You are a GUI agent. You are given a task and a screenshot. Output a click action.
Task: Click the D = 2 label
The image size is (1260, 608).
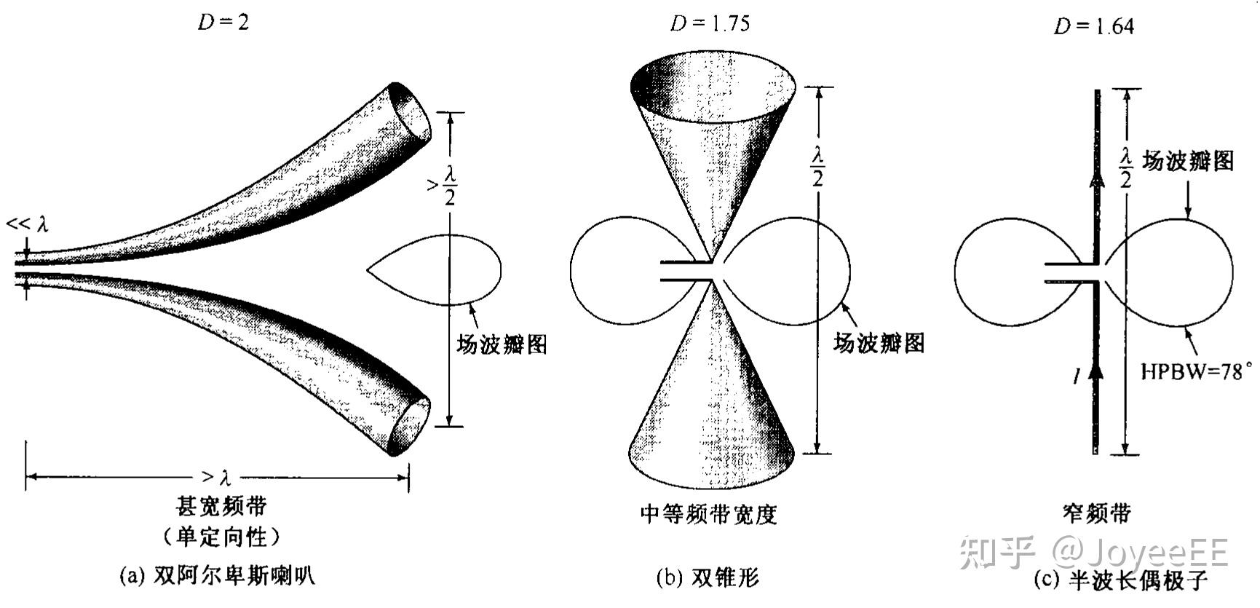223,22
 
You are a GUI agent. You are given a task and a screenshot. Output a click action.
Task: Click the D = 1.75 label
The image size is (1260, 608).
709,24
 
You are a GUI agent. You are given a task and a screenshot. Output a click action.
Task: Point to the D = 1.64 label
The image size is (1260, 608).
1093,27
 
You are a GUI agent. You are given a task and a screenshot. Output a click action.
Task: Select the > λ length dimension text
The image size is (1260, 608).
216,478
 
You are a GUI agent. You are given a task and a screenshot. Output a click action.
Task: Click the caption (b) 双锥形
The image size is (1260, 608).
707,577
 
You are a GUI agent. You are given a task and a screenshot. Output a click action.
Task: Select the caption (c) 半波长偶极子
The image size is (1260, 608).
1120,580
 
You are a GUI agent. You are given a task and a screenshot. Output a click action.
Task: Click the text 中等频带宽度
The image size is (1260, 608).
708,515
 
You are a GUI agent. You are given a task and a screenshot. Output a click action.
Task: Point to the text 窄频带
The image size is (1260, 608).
1097,514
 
